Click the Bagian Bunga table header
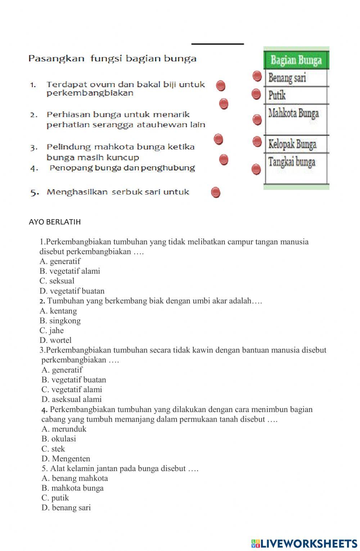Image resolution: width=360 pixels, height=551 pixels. [x=296, y=60]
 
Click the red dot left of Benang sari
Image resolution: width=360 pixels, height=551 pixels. [x=257, y=76]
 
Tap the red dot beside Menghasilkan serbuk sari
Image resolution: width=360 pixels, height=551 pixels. [x=215, y=193]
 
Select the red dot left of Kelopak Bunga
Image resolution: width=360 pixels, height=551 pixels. [x=257, y=142]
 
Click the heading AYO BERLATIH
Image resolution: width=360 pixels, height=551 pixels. [x=55, y=222]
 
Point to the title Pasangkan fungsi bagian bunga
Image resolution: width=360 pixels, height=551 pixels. [x=112, y=58]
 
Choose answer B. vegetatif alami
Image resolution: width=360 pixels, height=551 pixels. [x=70, y=271]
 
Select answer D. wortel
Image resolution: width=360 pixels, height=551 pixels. [x=55, y=340]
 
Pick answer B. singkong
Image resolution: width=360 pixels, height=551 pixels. [x=60, y=321]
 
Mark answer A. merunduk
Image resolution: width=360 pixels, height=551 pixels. [x=64, y=429]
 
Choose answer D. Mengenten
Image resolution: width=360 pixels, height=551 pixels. [x=66, y=458]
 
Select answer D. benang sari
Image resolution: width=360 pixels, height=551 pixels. [x=66, y=508]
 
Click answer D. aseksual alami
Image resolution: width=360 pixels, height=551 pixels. [x=72, y=399]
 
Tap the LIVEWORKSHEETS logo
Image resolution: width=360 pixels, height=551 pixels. [x=304, y=543]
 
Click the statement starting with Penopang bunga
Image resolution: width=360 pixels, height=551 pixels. [x=122, y=168]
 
